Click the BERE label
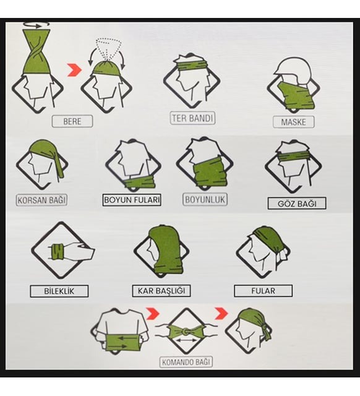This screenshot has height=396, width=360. coord(72,121)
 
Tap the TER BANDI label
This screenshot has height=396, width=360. coord(192,118)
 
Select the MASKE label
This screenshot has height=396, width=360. coord(294,122)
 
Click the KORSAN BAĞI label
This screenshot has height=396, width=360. coord(41,200)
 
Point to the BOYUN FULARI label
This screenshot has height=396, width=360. coord(132,200)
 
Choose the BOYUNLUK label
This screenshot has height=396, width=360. coord(205,199)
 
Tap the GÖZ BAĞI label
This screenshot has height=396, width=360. coord(297,204)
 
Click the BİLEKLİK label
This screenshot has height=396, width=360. coord(59,291)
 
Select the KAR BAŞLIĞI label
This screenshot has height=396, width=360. coord(161,291)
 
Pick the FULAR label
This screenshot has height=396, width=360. coord(264,291)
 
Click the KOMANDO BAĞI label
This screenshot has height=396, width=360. coord(186,362)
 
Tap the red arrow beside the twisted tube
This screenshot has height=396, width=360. coord(74,69)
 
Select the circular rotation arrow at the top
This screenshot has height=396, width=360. coord(36,25)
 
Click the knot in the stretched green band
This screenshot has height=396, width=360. coord(186,331)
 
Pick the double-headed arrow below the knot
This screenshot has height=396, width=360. coord(186,341)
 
